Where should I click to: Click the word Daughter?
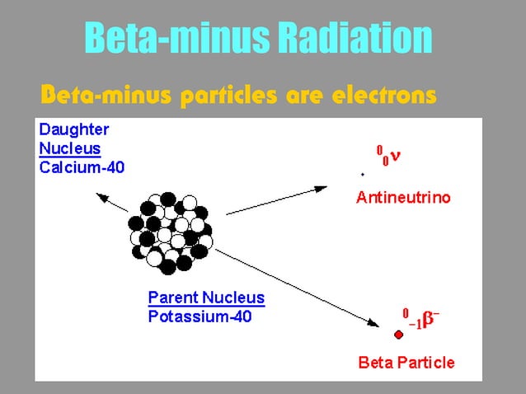(x=74, y=130)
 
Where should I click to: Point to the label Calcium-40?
(x=79, y=167)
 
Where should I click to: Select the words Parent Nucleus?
(x=205, y=298)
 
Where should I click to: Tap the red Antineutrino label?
(x=403, y=199)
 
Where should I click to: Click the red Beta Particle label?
(x=406, y=362)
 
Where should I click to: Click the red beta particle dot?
(x=399, y=334)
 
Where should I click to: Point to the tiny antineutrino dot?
(x=363, y=174)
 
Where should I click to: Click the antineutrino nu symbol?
(x=397, y=157)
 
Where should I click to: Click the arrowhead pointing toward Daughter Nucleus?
(x=101, y=196)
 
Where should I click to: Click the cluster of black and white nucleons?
(x=170, y=232)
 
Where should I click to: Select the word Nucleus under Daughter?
(x=70, y=149)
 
